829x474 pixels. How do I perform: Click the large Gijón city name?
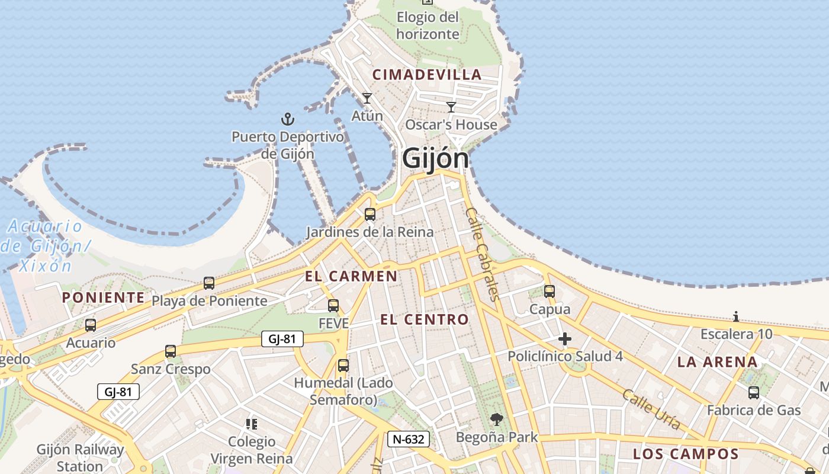tap(435, 159)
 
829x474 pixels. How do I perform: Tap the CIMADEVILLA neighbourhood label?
tap(426, 75)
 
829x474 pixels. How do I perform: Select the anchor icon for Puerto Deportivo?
tap(287, 119)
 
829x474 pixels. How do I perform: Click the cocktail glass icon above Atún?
tap(367, 98)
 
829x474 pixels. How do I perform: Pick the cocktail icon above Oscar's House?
tap(451, 107)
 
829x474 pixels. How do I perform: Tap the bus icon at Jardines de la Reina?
tap(370, 214)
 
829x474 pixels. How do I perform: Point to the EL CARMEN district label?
tap(351, 276)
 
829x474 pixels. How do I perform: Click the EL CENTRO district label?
tap(424, 320)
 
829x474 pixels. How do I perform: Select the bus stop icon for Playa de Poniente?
tap(209, 283)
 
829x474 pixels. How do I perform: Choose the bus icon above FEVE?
tap(333, 306)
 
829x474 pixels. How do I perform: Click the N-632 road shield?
tap(409, 439)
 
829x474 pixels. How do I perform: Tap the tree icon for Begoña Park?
tap(496, 419)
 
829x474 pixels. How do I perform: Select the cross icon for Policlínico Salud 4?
tap(565, 339)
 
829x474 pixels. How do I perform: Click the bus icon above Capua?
tap(550, 292)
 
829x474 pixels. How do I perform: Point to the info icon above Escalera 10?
tap(736, 316)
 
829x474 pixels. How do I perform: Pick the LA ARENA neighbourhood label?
tap(717, 362)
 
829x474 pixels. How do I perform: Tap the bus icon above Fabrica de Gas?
tap(754, 392)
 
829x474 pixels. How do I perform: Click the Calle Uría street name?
tap(651, 408)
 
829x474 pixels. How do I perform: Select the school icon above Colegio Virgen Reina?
tap(252, 424)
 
